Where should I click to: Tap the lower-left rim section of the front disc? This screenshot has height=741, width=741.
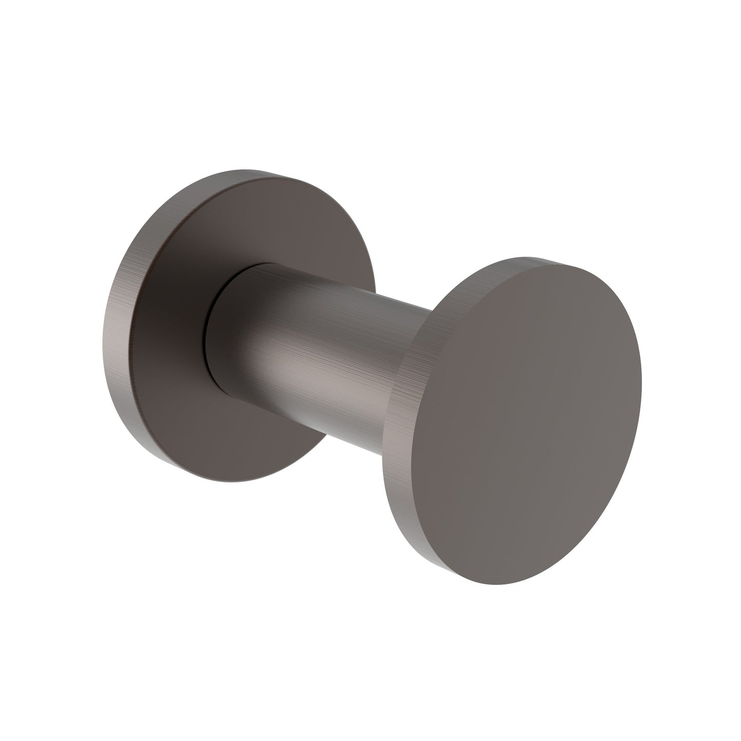[405, 492]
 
